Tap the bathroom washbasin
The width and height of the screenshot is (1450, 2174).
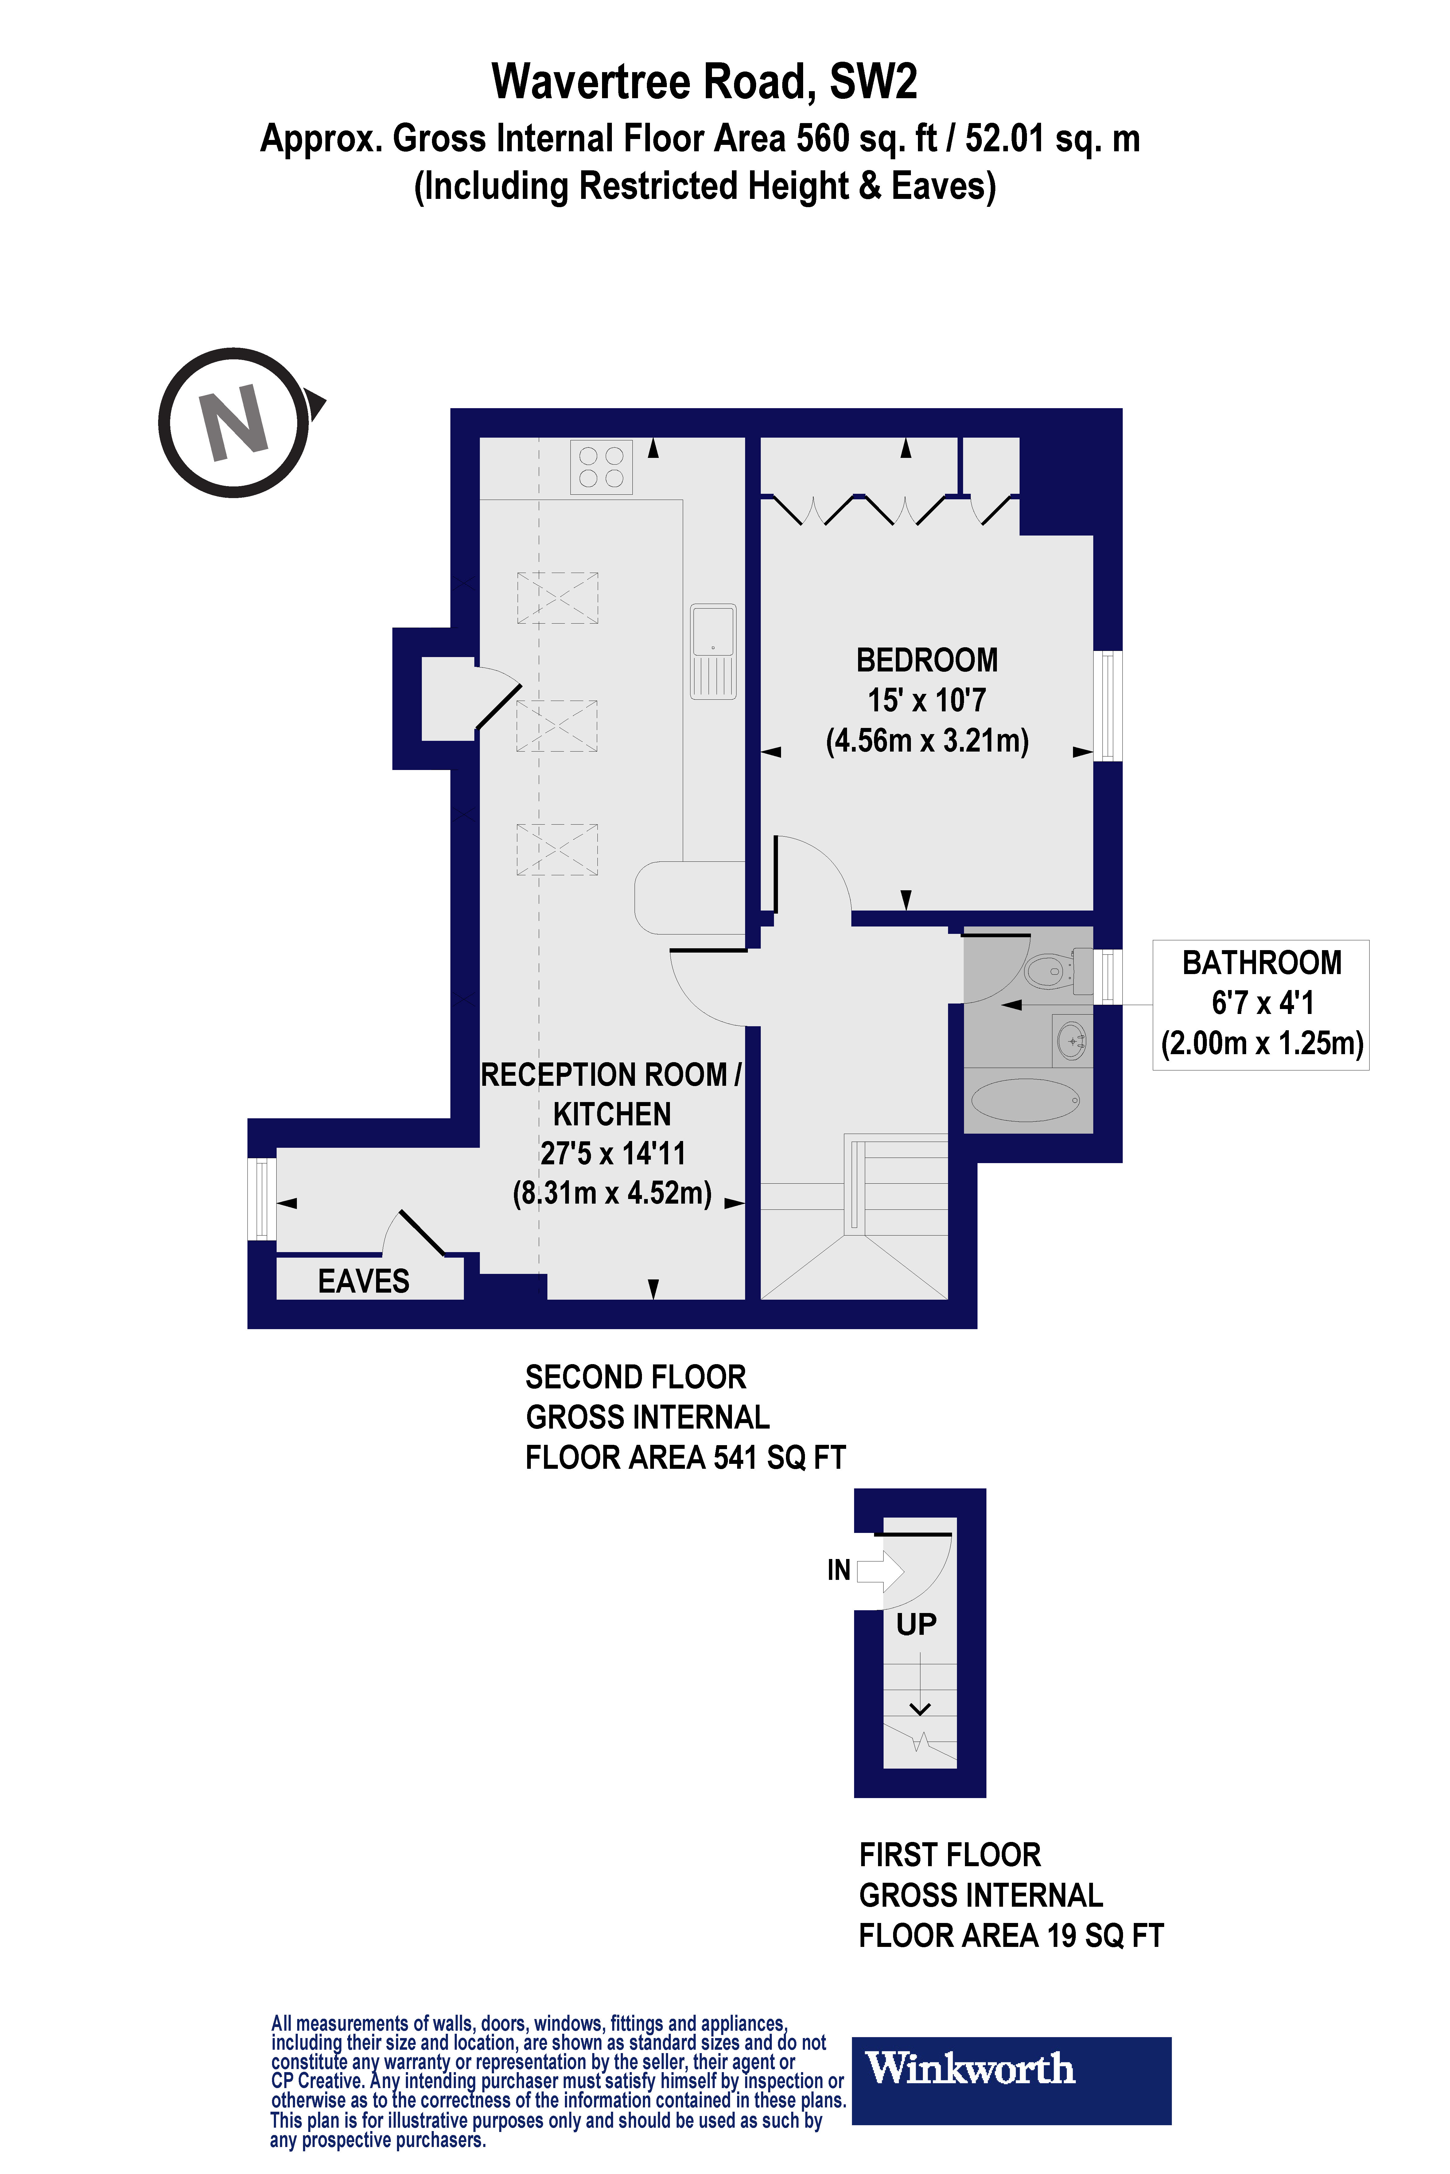1072,1042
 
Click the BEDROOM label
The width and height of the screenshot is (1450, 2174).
927,660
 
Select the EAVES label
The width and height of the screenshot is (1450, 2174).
363,1281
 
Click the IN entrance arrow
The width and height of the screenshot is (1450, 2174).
879,1569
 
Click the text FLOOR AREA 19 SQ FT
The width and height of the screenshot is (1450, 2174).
1011,1936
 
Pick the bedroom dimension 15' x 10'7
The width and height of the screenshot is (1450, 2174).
927,701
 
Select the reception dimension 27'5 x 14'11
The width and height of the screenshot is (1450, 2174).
612,1154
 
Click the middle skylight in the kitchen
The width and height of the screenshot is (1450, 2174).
557,725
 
